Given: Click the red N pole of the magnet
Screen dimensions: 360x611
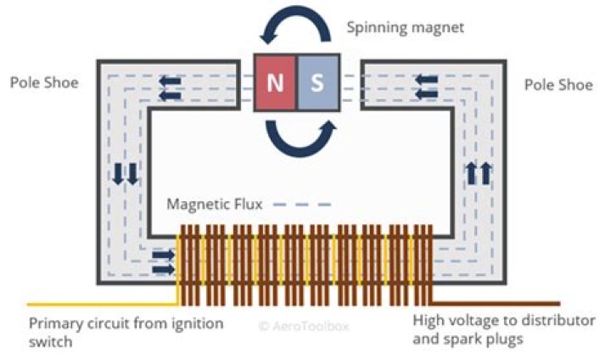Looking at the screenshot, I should click(x=276, y=82).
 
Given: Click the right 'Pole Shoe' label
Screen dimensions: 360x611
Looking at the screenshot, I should click(x=558, y=85).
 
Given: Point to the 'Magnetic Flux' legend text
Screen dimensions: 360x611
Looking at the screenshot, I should click(x=215, y=204).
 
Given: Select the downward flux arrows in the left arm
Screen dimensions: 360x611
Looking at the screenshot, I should click(x=125, y=174).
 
